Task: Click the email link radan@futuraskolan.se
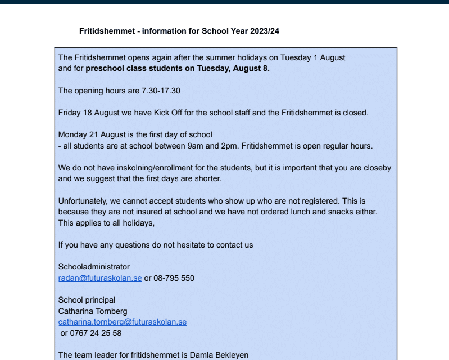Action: (100, 278)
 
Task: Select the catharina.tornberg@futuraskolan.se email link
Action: (123, 322)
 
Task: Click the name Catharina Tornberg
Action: (93, 311)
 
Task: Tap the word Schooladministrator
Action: (94, 267)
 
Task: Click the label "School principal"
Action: (87, 300)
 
